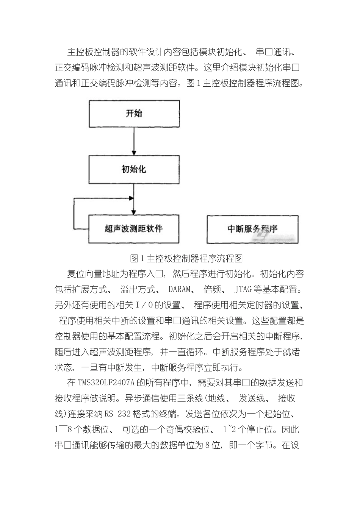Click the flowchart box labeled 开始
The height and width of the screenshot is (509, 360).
click(134, 114)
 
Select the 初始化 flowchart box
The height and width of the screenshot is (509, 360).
click(134, 169)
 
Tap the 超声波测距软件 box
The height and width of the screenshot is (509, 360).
click(134, 229)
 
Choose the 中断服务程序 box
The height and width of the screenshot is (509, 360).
click(252, 229)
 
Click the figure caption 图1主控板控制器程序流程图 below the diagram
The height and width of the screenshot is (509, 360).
click(186, 259)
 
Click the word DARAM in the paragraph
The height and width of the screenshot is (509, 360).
click(179, 290)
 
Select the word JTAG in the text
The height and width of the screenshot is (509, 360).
click(243, 290)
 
